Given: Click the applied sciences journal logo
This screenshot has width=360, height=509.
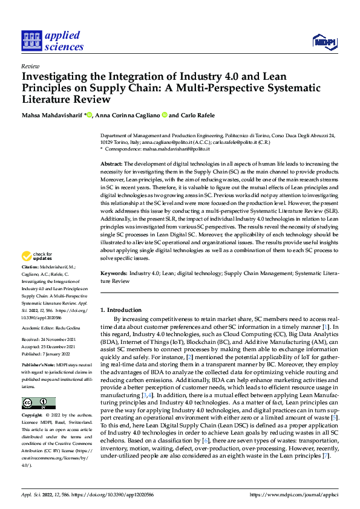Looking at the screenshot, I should click(52, 41).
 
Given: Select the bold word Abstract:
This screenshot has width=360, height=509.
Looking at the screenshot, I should click(112, 164).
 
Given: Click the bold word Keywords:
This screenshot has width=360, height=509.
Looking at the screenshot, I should click(114, 274).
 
